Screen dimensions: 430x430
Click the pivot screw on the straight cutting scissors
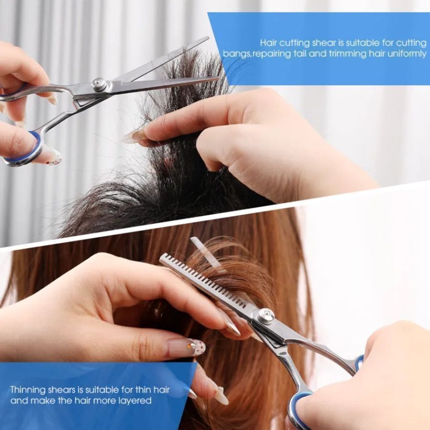point(99,84)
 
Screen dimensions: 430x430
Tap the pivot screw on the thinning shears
point(265,316)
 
